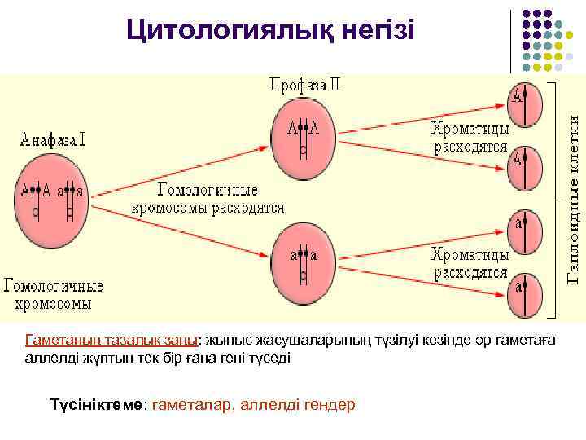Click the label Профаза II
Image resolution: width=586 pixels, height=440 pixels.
pyautogui.click(x=306, y=84)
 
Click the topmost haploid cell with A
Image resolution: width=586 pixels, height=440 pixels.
pyautogui.click(x=523, y=104)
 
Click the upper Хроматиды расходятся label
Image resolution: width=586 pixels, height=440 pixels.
pyautogui.click(x=470, y=139)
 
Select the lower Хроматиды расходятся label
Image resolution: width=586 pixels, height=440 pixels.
pyautogui.click(x=470, y=263)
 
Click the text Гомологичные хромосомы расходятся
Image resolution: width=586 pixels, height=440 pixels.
pyautogui.click(x=208, y=199)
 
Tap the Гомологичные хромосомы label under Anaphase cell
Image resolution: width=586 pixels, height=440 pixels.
pyautogui.click(x=54, y=295)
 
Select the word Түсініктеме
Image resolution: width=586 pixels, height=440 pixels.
pyautogui.click(x=96, y=404)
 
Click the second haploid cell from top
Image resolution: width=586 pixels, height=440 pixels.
pyautogui.click(x=523, y=168)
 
